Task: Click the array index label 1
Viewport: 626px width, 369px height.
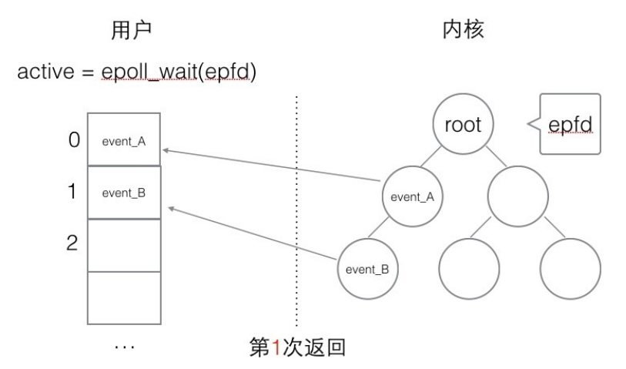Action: coord(74,192)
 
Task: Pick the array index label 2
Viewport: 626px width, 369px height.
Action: coord(72,243)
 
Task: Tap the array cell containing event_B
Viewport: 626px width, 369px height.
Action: coord(123,193)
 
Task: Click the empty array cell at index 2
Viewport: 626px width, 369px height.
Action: coord(123,244)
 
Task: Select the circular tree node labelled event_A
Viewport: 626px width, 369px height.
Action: coord(413,196)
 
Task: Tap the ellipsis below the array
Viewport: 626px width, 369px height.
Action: coord(123,348)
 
